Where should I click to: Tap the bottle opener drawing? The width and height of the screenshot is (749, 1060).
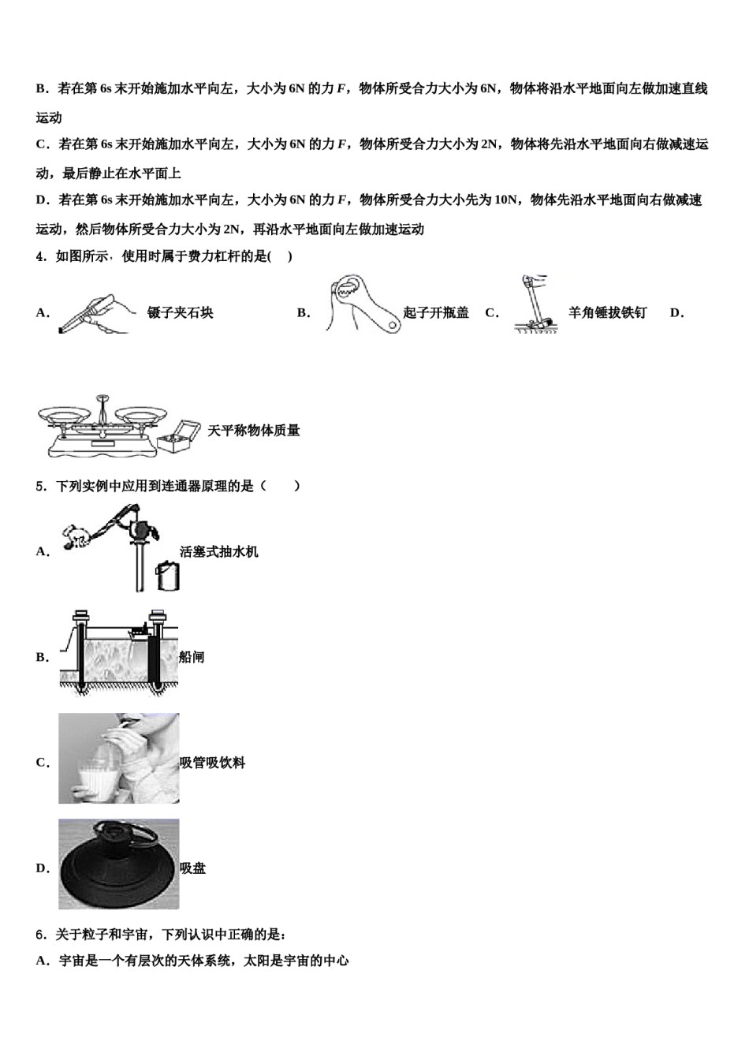(x=363, y=304)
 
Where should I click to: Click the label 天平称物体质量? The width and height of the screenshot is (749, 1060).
(x=253, y=431)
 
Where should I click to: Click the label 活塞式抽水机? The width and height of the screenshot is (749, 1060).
(x=219, y=551)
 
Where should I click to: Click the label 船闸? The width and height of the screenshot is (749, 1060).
(x=192, y=657)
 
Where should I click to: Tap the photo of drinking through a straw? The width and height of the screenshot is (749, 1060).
(x=118, y=759)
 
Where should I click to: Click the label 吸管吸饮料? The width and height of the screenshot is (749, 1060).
(x=213, y=763)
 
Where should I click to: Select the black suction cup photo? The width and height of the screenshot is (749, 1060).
(x=118, y=864)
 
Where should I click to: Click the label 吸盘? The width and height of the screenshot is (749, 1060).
(x=193, y=868)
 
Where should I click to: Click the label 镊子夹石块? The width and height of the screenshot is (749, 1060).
(x=181, y=312)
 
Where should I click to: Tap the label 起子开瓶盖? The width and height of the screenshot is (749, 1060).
(x=436, y=312)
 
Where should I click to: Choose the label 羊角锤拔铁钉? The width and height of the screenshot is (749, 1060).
(x=607, y=312)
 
